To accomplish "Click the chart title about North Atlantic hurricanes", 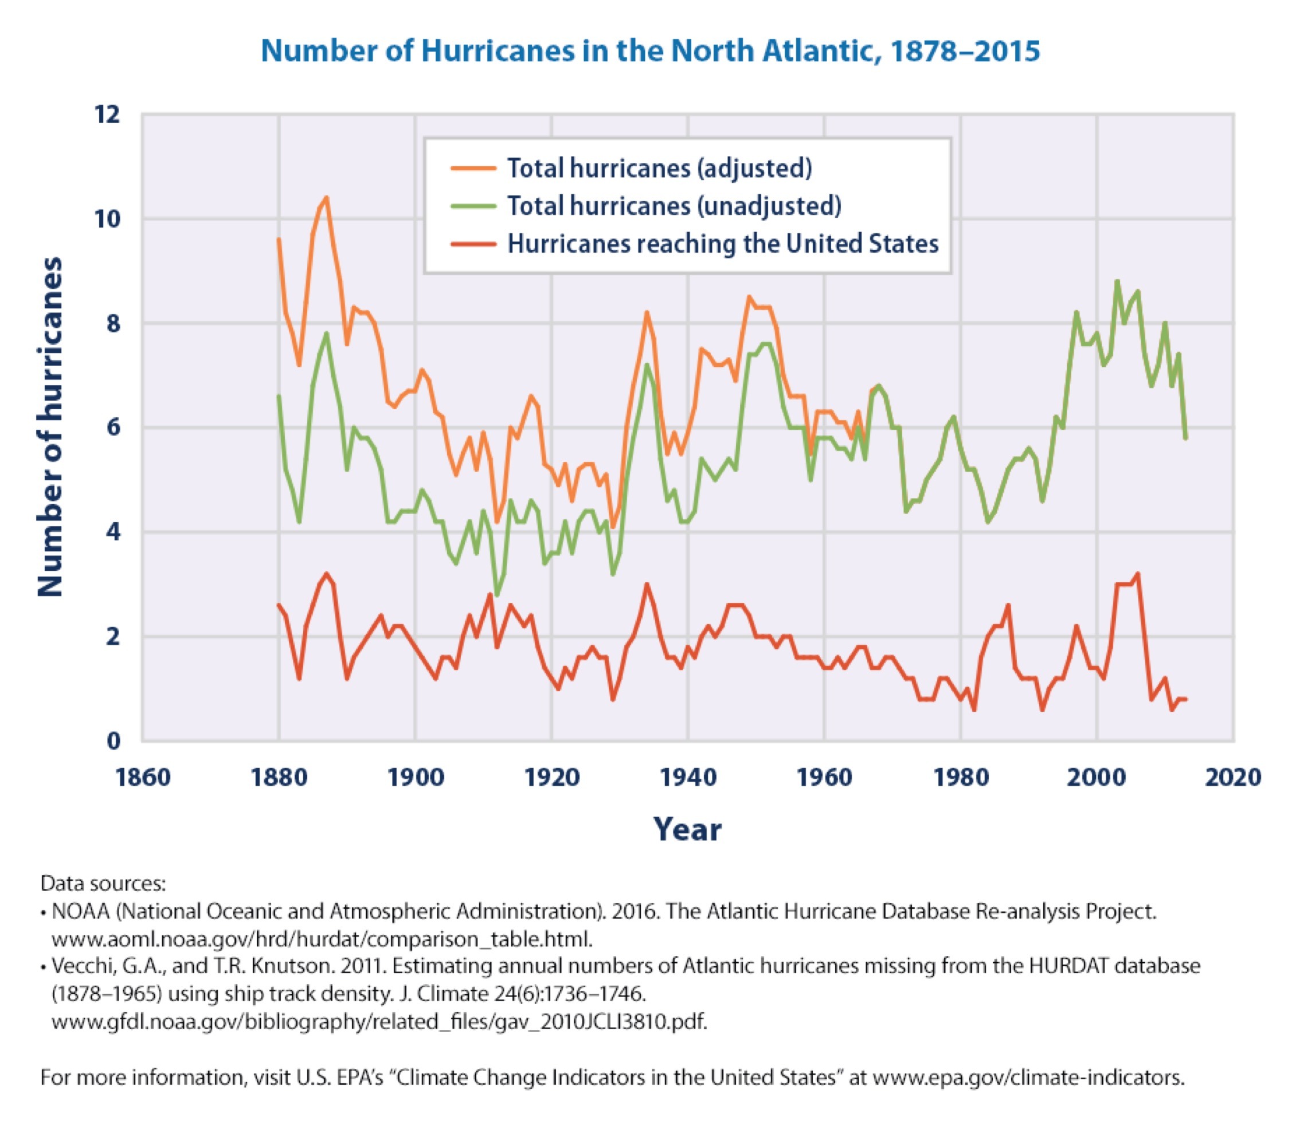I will point(650,50).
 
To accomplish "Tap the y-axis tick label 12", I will point(107,115).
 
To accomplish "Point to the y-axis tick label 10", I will point(107,219).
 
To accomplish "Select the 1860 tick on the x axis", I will point(143,777).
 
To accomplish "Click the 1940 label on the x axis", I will point(688,777).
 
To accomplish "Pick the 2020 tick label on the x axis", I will point(1233,777).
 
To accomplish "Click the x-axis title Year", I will point(687,830).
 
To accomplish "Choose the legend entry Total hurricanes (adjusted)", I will point(659,168).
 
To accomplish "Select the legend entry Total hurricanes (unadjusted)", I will point(674,206).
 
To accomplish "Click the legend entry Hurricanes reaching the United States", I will point(722,244).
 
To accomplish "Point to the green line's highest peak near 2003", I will point(1117,281).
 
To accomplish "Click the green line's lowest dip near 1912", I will point(496,594).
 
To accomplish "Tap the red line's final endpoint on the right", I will point(1185,699).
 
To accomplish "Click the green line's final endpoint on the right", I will point(1185,438).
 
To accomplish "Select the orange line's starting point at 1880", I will point(279,239).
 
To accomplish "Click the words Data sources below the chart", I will point(103,883).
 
